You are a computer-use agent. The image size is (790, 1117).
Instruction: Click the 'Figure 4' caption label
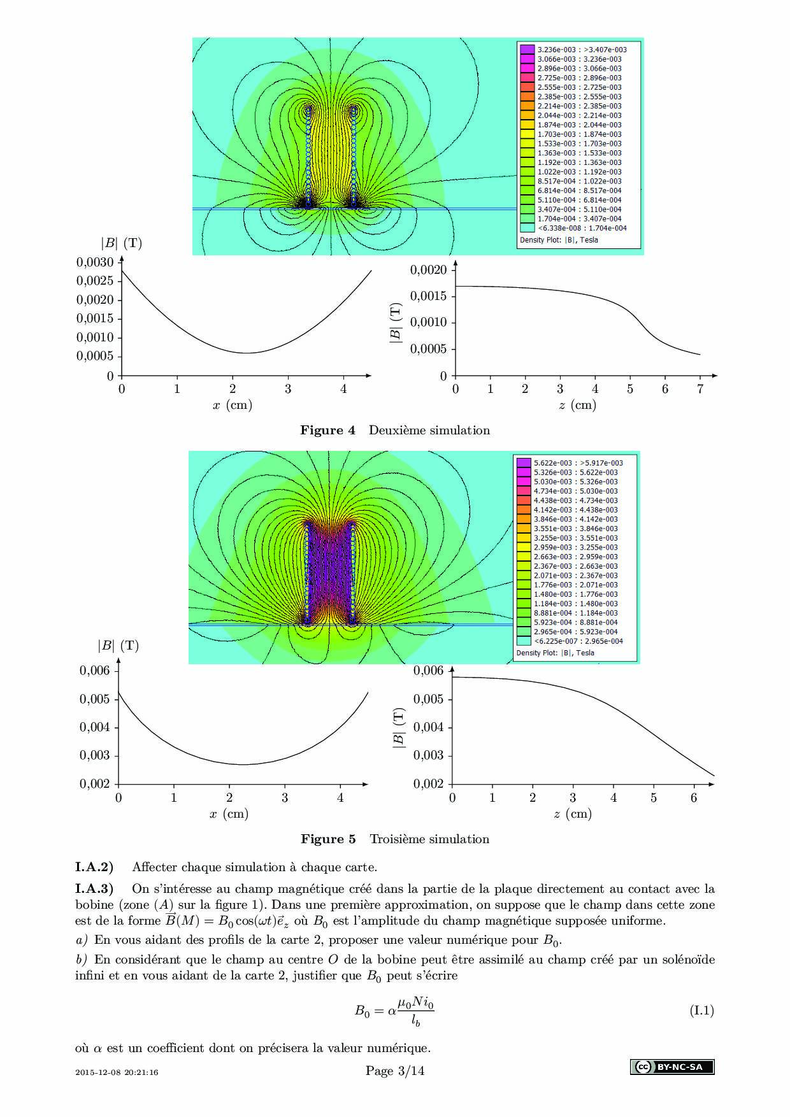pos(327,430)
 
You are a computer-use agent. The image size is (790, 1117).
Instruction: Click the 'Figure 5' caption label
pos(328,839)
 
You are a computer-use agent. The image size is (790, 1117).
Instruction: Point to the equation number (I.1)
pos(701,1011)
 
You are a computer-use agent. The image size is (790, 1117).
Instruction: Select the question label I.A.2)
pos(94,867)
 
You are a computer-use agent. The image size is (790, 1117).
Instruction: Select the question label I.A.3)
pos(94,889)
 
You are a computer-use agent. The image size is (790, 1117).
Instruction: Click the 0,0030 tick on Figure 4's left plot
pos(95,262)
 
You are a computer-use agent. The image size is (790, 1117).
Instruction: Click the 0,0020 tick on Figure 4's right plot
pos(429,270)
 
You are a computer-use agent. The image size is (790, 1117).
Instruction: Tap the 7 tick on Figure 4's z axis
pos(700,389)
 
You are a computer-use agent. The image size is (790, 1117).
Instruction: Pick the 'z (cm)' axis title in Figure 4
pos(577,405)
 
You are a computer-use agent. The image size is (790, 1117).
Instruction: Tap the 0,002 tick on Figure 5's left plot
pos(94,784)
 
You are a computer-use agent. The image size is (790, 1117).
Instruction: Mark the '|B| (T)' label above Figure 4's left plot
pos(121,243)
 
